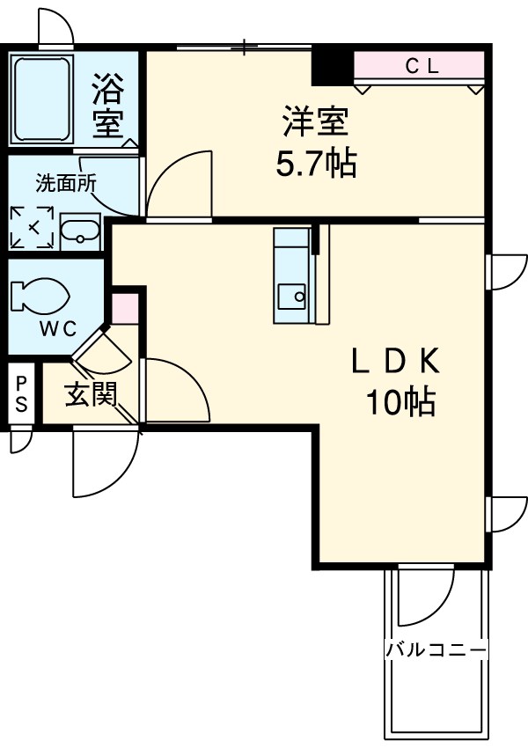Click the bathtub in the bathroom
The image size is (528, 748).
[x=41, y=99]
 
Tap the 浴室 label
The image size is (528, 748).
[x=108, y=105]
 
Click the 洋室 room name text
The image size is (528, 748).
[x=315, y=122]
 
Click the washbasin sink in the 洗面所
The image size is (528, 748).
[x=82, y=231]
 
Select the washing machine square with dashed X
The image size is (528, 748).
[x=32, y=228]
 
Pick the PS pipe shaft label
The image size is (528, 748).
[x=21, y=394]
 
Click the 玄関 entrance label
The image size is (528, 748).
[x=91, y=396]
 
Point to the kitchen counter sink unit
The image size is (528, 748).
[x=293, y=275]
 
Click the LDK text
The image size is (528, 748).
[x=395, y=362]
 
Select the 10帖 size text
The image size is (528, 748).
[x=400, y=402]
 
